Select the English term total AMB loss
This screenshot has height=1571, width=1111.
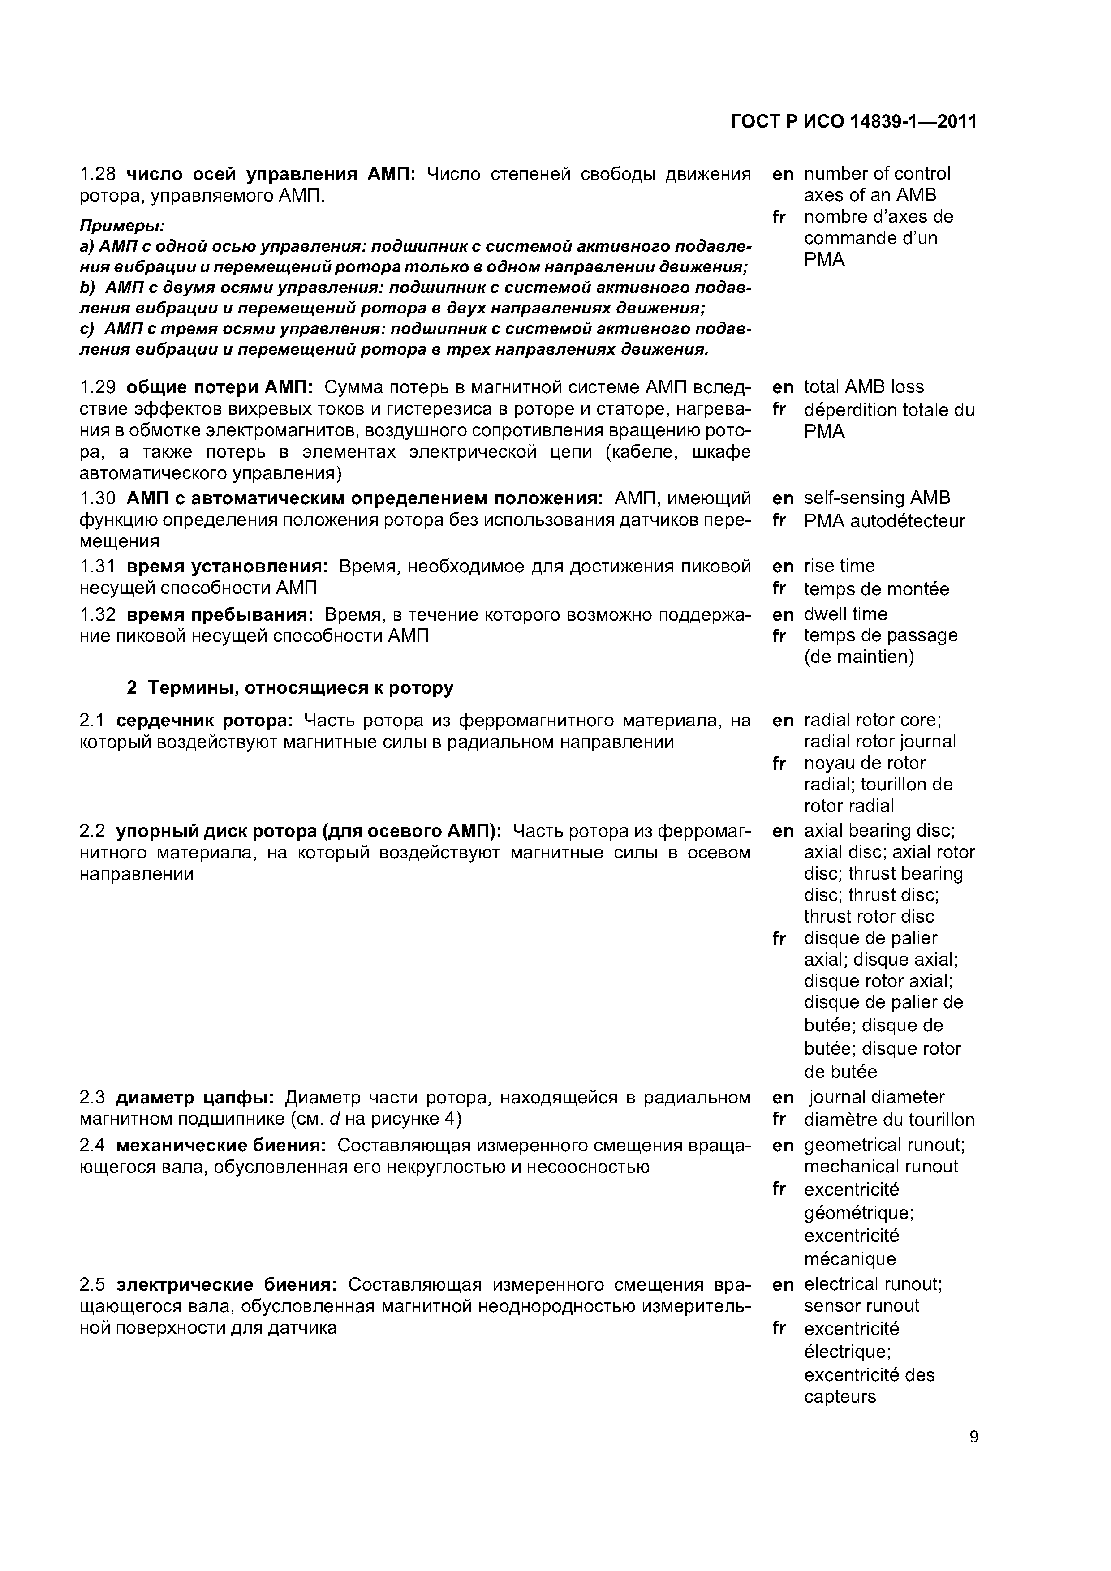[x=863, y=387]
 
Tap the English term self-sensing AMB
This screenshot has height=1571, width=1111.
[x=876, y=498]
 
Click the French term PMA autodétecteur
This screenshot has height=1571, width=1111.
[x=884, y=521]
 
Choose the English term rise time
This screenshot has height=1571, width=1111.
[x=839, y=566]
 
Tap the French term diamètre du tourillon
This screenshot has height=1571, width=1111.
[x=888, y=1120]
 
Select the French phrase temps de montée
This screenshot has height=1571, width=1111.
[x=876, y=589]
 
